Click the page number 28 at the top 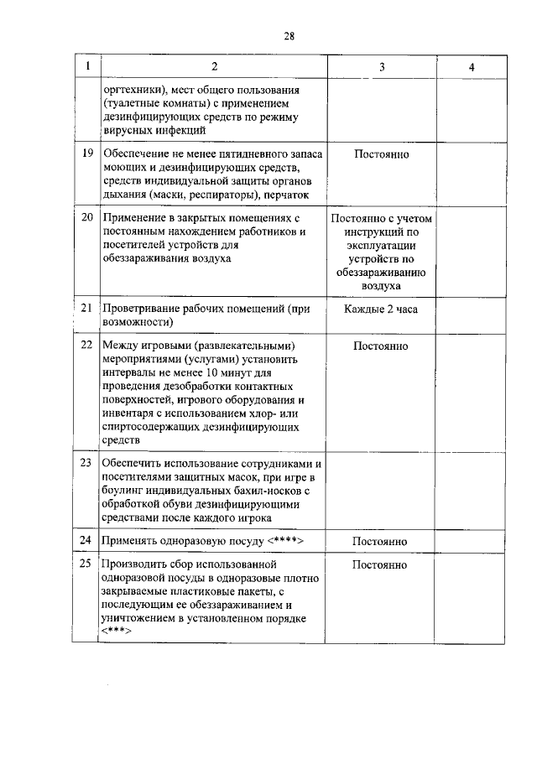click(x=289, y=35)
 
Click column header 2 click(x=213, y=67)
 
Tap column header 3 click(x=381, y=67)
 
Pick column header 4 click(x=472, y=67)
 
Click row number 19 click(x=86, y=154)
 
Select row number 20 click(x=86, y=218)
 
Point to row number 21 click(x=86, y=309)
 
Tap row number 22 click(x=86, y=345)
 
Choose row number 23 click(x=86, y=462)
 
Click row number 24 click(x=86, y=541)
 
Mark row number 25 click(x=86, y=564)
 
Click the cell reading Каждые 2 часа click(x=381, y=309)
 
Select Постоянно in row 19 click(x=381, y=154)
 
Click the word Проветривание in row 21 click(x=145, y=309)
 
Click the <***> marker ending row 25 click(x=115, y=632)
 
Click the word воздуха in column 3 click(x=381, y=286)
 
